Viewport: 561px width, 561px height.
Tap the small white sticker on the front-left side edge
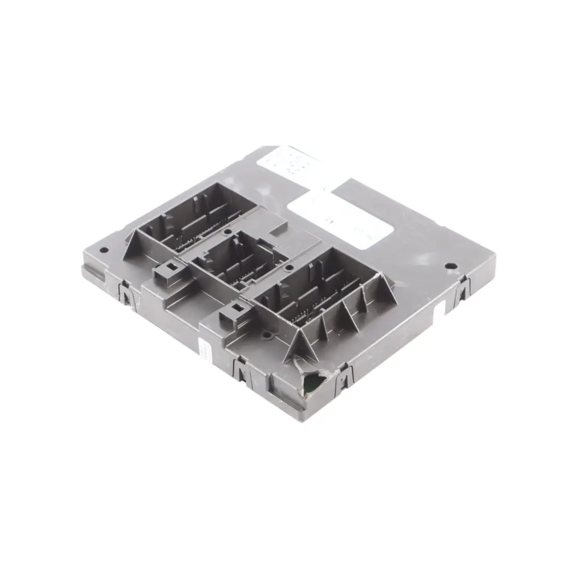click(x=203, y=351)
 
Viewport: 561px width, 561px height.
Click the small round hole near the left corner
click(x=104, y=250)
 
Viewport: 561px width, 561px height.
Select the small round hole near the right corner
click(x=448, y=266)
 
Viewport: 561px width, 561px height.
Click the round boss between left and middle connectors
click(x=227, y=231)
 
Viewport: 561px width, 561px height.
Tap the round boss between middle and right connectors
click(x=266, y=335)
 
